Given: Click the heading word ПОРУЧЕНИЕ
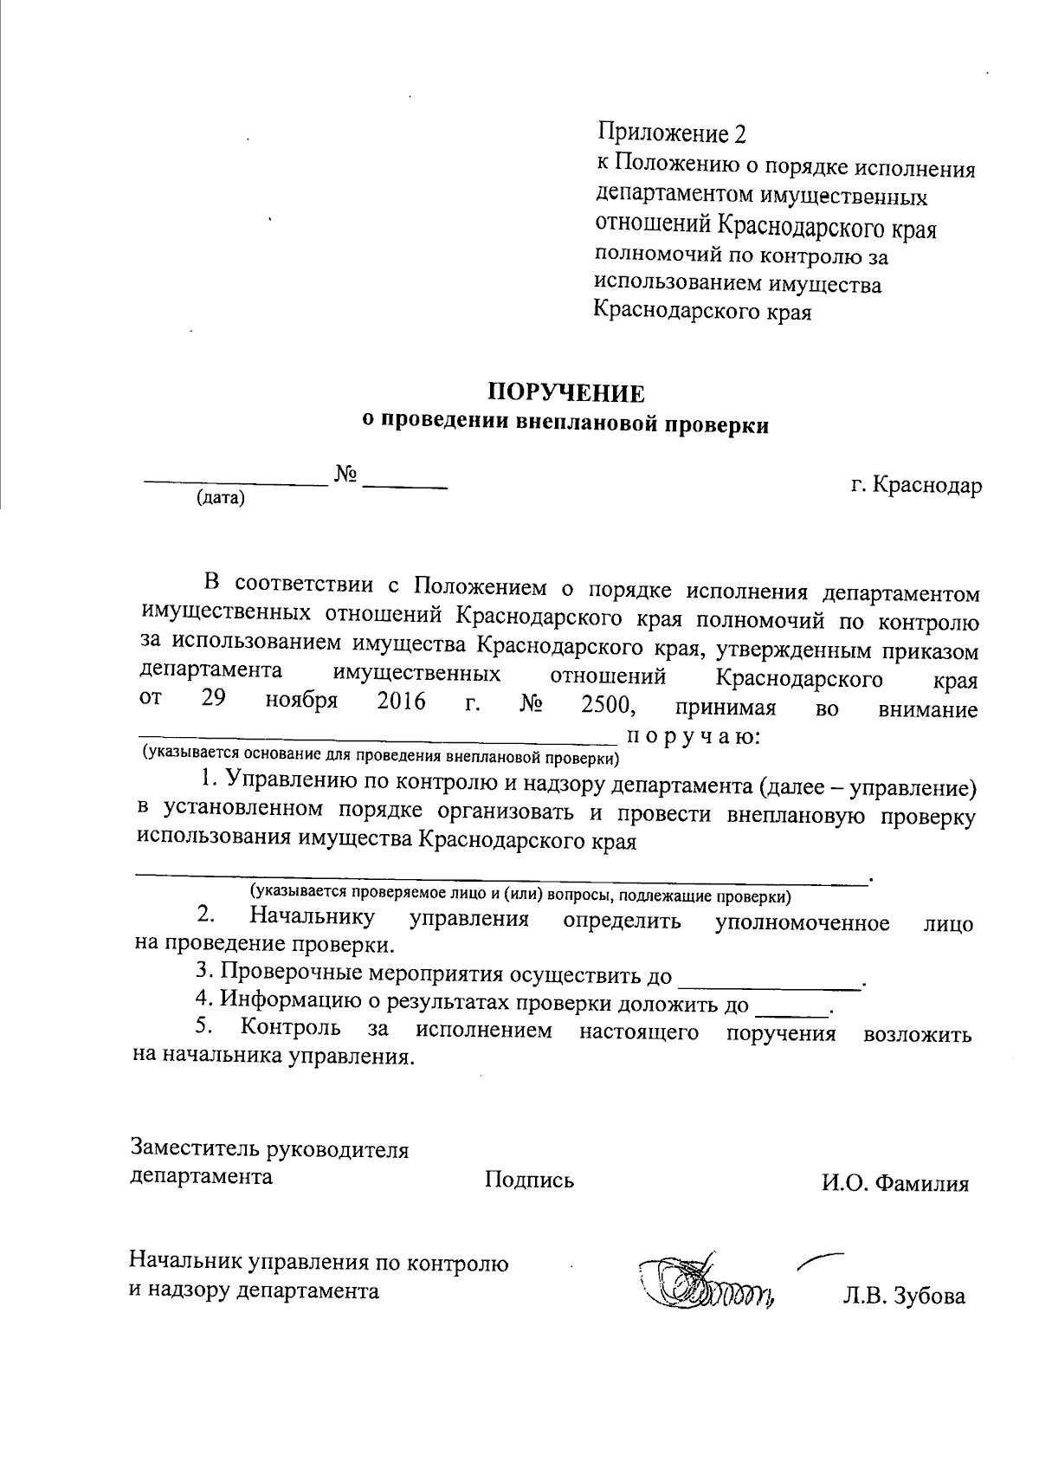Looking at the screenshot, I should [566, 394].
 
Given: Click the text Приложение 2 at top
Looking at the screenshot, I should [671, 134].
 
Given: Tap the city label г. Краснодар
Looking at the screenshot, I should [915, 485].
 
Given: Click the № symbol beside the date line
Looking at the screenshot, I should [346, 475].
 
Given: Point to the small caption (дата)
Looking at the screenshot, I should [221, 498].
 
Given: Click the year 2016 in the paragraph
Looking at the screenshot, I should [402, 702].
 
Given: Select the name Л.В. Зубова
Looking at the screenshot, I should [904, 1297].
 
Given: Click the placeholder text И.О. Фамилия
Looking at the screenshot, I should [895, 1183].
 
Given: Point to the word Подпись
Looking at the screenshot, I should [529, 1180].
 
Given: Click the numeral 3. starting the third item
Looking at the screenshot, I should [203, 973].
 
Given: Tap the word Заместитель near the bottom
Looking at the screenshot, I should [194, 1149].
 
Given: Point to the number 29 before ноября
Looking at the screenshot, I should [214, 700].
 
